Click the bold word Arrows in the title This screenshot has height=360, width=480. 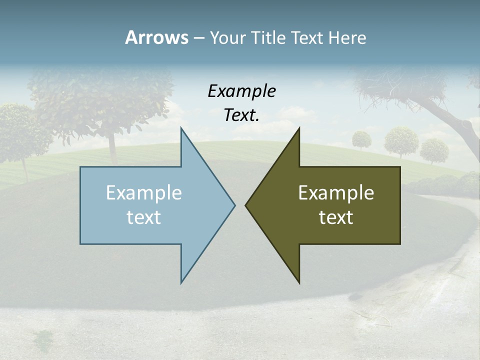click(x=156, y=37)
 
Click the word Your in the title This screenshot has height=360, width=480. click(x=227, y=38)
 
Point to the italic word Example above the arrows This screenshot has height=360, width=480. click(x=241, y=91)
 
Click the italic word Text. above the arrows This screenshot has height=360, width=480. click(x=241, y=115)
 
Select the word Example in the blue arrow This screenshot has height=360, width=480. click(x=144, y=192)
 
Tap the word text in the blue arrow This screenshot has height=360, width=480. click(x=144, y=217)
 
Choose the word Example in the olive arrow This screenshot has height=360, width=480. click(x=336, y=192)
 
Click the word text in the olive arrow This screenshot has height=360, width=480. click(x=336, y=217)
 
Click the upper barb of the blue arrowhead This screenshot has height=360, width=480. click(x=182, y=130)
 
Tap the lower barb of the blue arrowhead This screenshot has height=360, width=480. click(x=182, y=281)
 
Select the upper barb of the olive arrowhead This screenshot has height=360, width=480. click(x=298, y=130)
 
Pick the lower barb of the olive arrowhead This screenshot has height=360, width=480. click(x=298, y=281)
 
